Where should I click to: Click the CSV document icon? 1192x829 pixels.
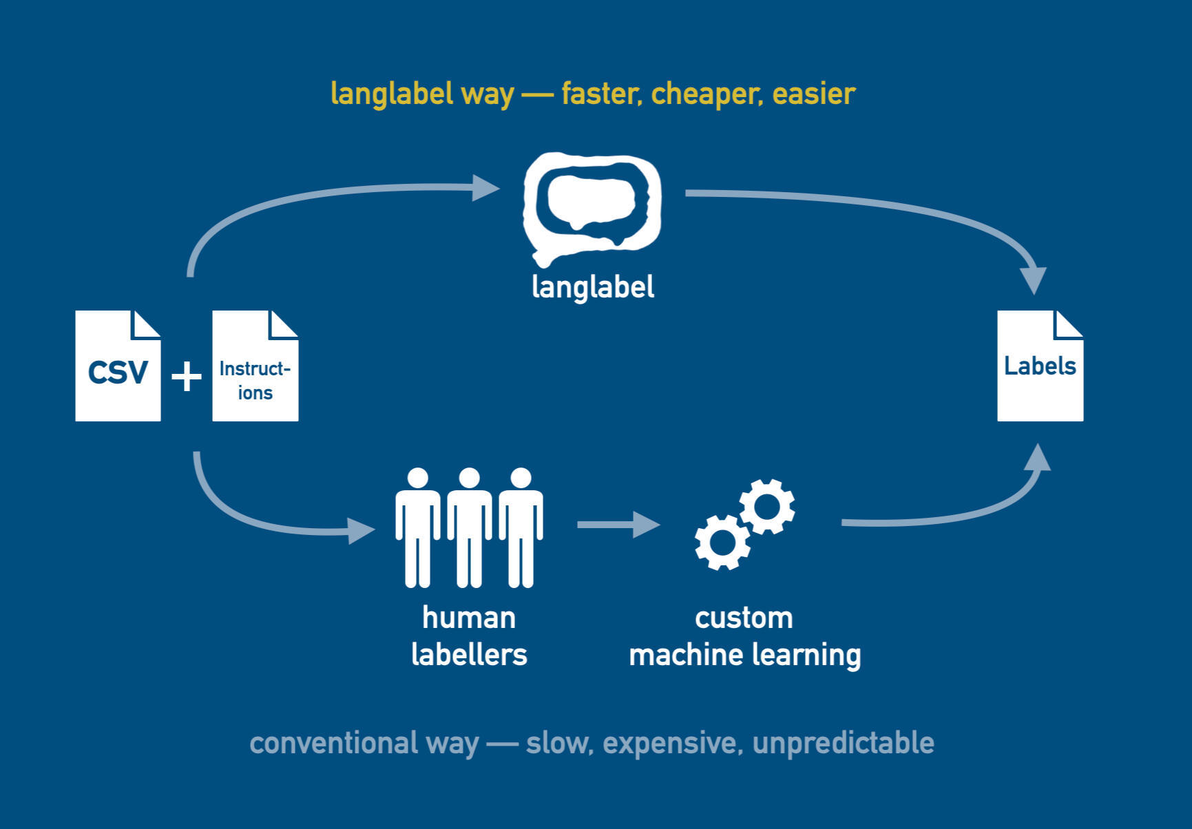(x=118, y=366)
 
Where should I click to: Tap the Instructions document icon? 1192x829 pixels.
(x=255, y=366)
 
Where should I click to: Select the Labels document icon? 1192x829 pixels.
(x=1040, y=366)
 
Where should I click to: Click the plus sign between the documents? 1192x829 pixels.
(x=186, y=377)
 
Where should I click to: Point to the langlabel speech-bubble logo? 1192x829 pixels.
(x=592, y=207)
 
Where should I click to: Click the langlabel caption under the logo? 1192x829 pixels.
(x=593, y=286)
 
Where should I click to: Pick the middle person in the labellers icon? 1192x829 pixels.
(x=469, y=527)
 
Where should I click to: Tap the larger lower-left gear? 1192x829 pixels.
(x=722, y=542)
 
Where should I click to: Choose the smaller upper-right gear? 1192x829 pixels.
(x=767, y=506)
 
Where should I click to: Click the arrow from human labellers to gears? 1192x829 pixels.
(x=618, y=525)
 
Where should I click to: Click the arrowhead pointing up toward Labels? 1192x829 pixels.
(x=1037, y=457)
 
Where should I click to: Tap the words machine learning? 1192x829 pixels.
(x=745, y=655)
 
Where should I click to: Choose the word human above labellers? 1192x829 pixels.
(x=469, y=618)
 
